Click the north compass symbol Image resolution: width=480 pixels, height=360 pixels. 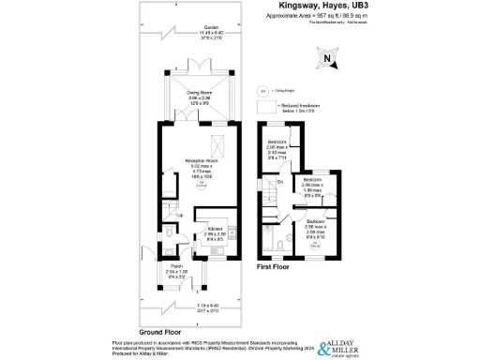tap(324, 61)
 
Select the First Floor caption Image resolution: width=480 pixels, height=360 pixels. tap(273, 267)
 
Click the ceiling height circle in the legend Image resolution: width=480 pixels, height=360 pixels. tap(262, 91)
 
